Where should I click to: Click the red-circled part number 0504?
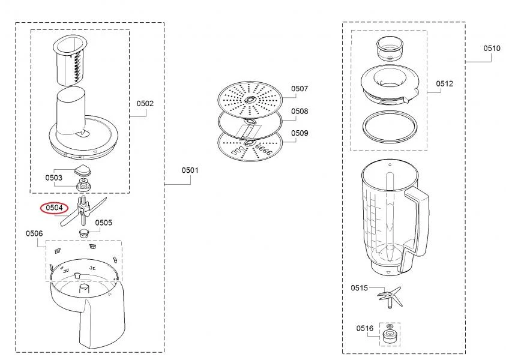pyautogui.click(x=54, y=208)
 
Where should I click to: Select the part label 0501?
pyautogui.click(x=190, y=170)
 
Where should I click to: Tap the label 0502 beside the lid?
pyautogui.click(x=145, y=104)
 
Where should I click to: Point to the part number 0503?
pyautogui.click(x=53, y=178)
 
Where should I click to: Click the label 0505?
pyautogui.click(x=104, y=223)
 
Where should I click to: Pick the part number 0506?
pyautogui.click(x=34, y=233)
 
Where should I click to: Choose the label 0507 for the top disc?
pyautogui.click(x=300, y=89)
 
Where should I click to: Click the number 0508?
pyautogui.click(x=300, y=111)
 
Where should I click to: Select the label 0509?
pyautogui.click(x=300, y=133)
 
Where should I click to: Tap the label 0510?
pyautogui.click(x=492, y=49)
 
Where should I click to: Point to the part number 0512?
pyautogui.click(x=444, y=83)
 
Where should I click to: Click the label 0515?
pyautogui.click(x=359, y=288)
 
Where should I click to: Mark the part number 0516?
pyautogui.click(x=365, y=328)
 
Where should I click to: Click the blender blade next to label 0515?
pyautogui.click(x=390, y=297)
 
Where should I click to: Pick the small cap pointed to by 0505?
pyautogui.click(x=84, y=233)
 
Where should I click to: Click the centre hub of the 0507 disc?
pyautogui.click(x=250, y=100)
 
